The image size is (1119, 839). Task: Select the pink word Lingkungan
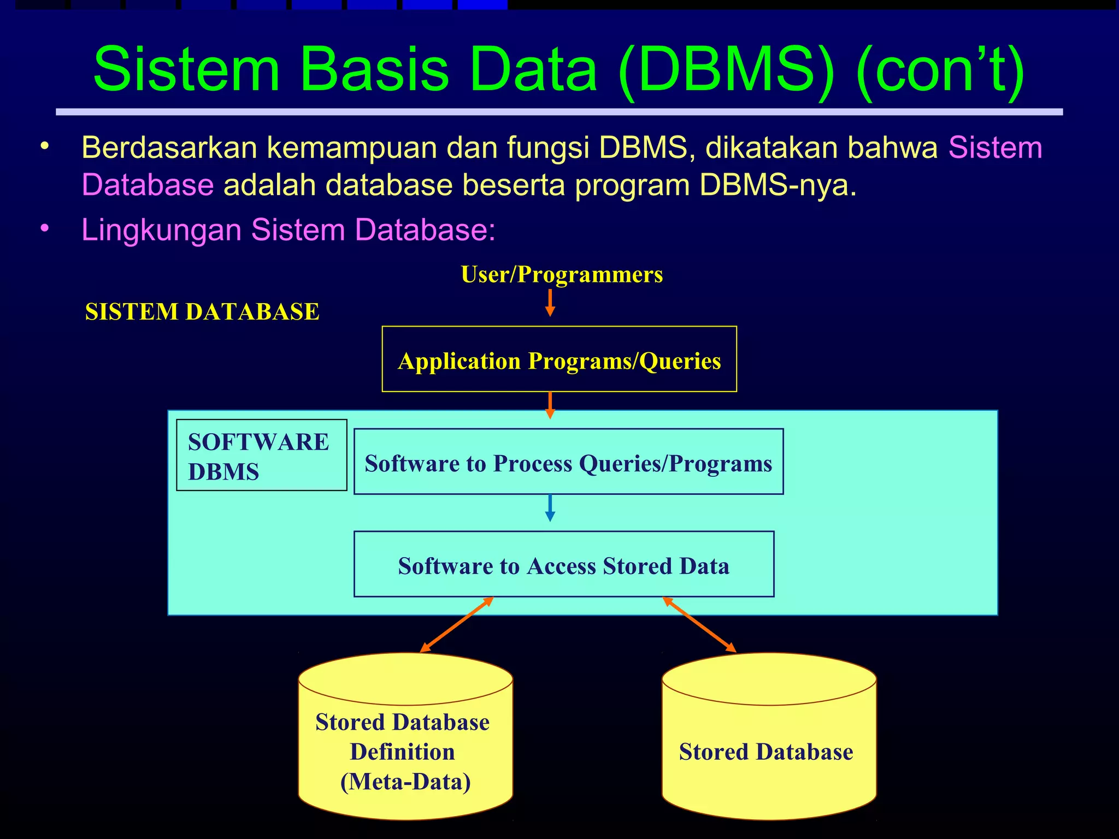[x=161, y=229]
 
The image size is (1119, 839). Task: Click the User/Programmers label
[x=561, y=274]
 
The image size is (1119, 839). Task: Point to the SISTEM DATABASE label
[x=202, y=312]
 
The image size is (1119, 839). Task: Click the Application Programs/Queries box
[x=559, y=359]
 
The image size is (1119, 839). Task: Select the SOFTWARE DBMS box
[x=261, y=455]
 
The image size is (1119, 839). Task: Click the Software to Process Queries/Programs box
[x=568, y=462]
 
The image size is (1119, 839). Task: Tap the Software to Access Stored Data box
[x=563, y=564]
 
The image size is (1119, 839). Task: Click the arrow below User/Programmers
[x=550, y=303]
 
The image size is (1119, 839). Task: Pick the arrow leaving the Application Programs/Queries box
[x=550, y=405]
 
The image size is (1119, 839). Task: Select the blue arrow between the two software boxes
[x=550, y=508]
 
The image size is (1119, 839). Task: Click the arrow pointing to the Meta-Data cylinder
[x=457, y=625]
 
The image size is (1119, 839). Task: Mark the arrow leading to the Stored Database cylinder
[x=699, y=624]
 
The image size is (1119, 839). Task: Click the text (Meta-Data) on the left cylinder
[x=405, y=782]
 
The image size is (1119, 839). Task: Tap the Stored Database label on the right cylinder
[x=766, y=752]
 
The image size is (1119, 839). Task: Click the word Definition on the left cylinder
[x=403, y=752]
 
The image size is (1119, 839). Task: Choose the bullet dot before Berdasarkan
[x=45, y=147]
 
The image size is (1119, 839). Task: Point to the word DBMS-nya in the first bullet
[x=778, y=185]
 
